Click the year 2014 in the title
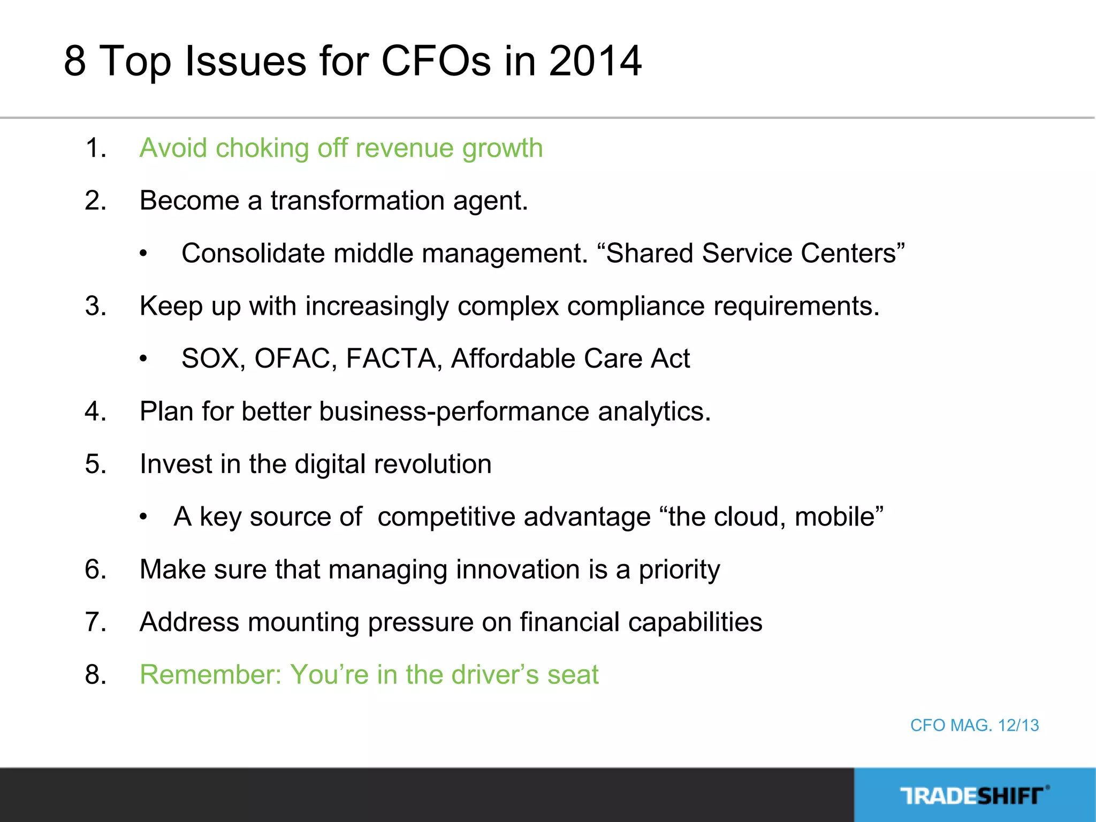[x=595, y=60]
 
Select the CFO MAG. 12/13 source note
[x=974, y=725]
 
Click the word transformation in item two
[x=357, y=201]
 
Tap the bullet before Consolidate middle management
[x=143, y=254]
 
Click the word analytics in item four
[x=653, y=412]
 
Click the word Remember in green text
[x=210, y=674]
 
